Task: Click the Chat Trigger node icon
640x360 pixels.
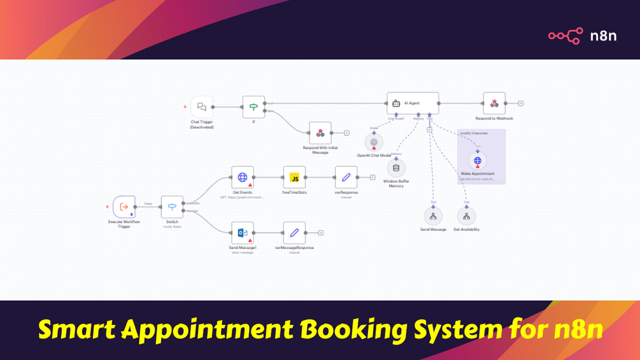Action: click(202, 107)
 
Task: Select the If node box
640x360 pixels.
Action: click(253, 107)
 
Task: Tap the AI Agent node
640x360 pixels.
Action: click(413, 103)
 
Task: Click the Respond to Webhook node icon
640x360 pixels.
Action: click(494, 103)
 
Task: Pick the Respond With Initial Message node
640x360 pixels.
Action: click(320, 133)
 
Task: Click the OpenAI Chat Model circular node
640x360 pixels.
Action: click(374, 143)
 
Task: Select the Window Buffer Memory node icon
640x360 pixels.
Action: click(396, 168)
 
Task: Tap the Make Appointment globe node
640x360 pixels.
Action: click(478, 161)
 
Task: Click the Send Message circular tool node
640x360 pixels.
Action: click(433, 217)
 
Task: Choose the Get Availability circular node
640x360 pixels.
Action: click(466, 217)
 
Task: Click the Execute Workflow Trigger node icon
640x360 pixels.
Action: click(124, 207)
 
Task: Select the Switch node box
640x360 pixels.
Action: click(172, 207)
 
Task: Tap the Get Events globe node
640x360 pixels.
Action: click(243, 178)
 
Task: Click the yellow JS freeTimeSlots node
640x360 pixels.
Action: click(294, 178)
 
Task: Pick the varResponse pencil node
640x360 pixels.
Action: click(346, 178)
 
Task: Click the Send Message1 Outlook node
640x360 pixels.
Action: click(243, 233)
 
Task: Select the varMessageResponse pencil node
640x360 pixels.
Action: click(294, 233)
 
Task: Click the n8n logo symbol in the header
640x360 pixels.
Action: click(565, 36)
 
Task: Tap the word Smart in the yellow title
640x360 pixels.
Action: click(77, 330)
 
